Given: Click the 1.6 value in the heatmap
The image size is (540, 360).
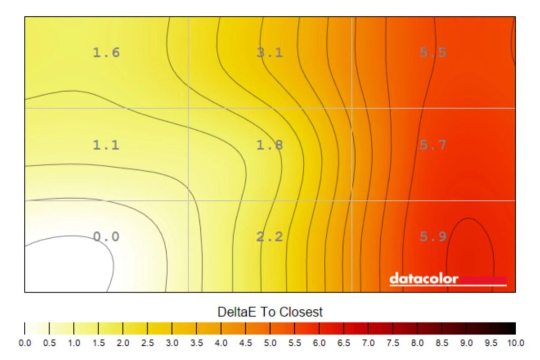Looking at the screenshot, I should pos(106,53).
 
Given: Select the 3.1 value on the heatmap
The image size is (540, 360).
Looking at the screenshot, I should pos(269,53).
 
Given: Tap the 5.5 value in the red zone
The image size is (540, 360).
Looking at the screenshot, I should pos(433,53).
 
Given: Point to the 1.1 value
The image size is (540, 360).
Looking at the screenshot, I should pos(106,145).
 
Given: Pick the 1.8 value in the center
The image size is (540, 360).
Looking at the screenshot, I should pos(269,145).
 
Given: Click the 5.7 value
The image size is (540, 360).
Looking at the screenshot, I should pos(433,145).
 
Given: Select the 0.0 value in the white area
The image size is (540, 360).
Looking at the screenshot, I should pos(106,237).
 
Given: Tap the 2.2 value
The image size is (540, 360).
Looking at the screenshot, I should pos(269,237).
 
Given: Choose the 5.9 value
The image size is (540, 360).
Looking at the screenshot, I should pos(433,237).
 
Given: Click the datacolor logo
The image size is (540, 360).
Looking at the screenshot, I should pos(423,279).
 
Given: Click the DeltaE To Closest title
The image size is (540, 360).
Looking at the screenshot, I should pos(270,312).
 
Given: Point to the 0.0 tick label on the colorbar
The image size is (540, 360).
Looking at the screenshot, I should pos(25,343).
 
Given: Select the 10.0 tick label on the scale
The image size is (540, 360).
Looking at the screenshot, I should pos(515,343).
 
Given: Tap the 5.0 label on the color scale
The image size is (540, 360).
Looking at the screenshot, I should pos(270,343).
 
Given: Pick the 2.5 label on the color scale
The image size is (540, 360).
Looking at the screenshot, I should pos(147,343).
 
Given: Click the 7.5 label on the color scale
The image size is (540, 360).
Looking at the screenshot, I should pos(393,343).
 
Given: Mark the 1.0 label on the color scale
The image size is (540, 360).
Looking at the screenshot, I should pos(74,343).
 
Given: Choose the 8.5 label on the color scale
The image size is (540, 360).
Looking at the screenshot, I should pos(442,343).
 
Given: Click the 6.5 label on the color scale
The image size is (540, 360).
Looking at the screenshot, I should pos(344,343).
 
